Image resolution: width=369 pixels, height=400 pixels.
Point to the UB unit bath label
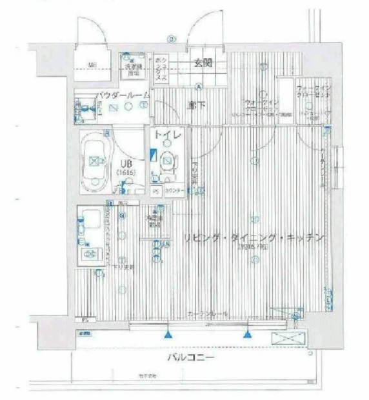coord(125,163)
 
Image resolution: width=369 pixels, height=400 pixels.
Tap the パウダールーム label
coord(123,95)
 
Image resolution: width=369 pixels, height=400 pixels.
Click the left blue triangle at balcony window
coord(168,334)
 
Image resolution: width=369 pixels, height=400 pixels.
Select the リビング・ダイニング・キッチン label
coord(253,238)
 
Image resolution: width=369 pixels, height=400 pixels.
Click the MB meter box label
coord(92,64)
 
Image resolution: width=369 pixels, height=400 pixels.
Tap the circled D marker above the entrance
coord(171,39)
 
